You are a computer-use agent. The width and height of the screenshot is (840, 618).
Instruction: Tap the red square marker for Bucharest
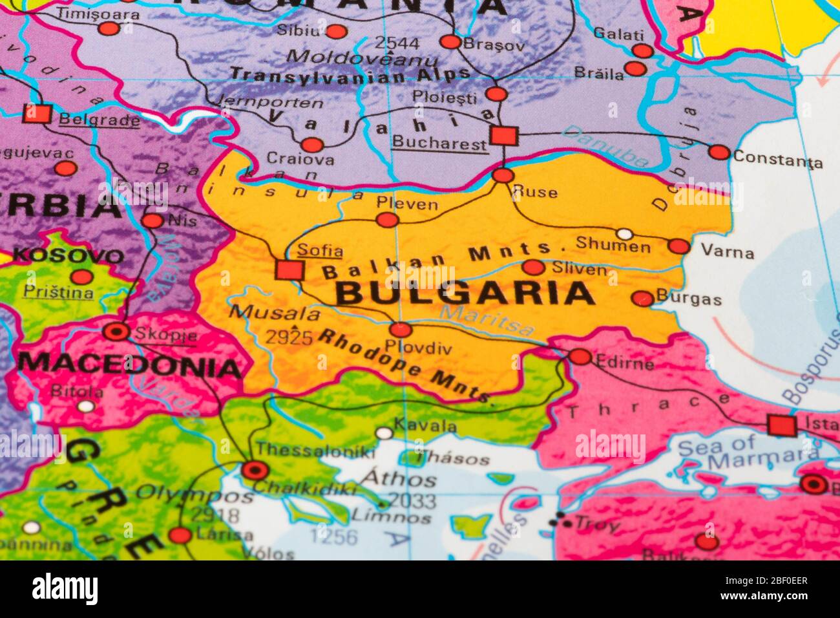(x=503, y=136)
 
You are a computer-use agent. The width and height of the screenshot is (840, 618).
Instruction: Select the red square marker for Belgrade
(x=37, y=114)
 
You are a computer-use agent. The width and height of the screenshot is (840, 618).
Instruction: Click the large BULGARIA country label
(x=465, y=293)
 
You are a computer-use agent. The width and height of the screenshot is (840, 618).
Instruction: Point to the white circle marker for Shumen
(x=624, y=233)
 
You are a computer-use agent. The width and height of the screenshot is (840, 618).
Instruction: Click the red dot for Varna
(x=678, y=246)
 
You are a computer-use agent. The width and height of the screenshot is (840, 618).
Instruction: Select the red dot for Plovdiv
(x=401, y=330)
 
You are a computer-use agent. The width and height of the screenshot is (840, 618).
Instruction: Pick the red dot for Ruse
(x=503, y=175)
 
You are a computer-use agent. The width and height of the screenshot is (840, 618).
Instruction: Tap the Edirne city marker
(x=580, y=357)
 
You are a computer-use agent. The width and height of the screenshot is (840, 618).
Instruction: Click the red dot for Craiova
(x=311, y=145)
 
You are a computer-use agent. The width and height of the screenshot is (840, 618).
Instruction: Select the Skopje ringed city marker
(x=116, y=332)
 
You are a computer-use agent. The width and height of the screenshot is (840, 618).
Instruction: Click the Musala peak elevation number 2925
(x=289, y=337)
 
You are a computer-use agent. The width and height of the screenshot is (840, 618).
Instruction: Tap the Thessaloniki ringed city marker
(x=254, y=470)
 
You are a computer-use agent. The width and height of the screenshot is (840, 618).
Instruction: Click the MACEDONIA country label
(x=129, y=366)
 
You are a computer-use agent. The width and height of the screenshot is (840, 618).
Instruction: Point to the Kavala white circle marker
(x=384, y=433)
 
